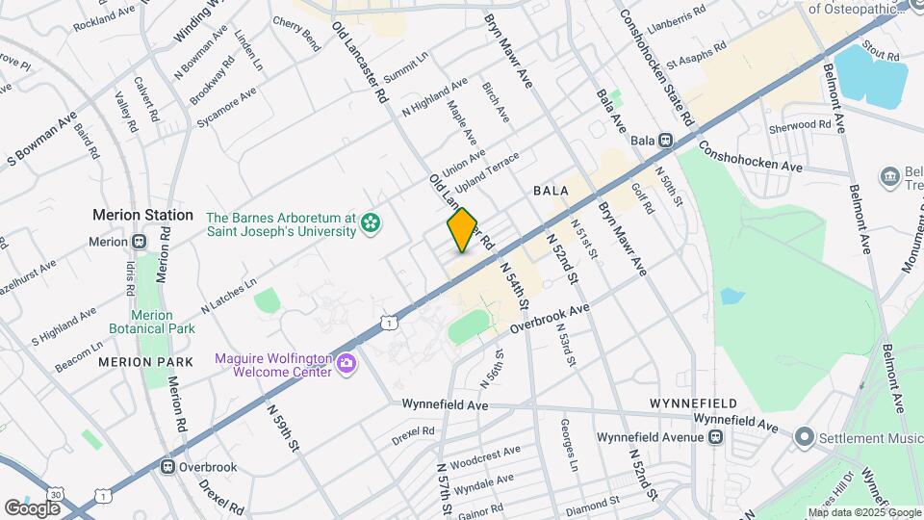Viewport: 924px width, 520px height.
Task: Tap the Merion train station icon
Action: pyautogui.click(x=140, y=242)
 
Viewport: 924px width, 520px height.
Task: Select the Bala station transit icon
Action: pyautogui.click(x=665, y=141)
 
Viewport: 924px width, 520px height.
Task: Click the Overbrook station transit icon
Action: pyautogui.click(x=168, y=467)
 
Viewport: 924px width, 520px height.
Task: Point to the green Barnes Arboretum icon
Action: pyautogui.click(x=370, y=224)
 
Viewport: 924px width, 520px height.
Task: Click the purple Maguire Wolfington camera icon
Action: pyautogui.click(x=346, y=365)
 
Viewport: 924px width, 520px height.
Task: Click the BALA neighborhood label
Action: pyautogui.click(x=552, y=193)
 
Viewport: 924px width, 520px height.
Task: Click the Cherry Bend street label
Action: pyautogui.click(x=296, y=34)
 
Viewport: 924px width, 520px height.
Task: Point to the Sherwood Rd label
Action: pyautogui.click(x=799, y=126)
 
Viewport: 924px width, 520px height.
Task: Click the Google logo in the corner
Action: pyautogui.click(x=33, y=507)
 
